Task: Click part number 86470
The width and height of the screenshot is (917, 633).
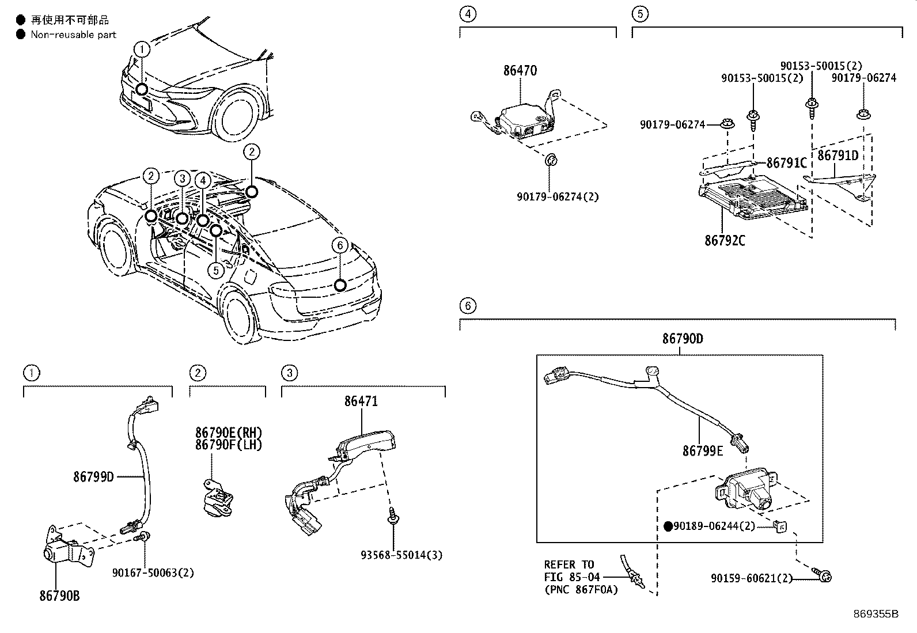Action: point(520,71)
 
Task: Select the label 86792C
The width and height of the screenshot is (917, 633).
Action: point(724,241)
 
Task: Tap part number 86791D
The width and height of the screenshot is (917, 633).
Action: point(838,156)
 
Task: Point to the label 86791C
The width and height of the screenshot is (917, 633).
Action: point(787,164)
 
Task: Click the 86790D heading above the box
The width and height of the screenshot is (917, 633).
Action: point(682,339)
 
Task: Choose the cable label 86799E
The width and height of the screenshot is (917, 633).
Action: point(702,451)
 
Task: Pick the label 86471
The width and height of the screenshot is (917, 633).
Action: point(361,401)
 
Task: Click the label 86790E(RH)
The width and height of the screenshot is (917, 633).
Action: point(228,433)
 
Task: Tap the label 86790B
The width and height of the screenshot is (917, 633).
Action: point(59,596)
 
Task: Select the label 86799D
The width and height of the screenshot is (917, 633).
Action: point(93,477)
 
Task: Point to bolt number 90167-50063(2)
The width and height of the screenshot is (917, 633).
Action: point(153,573)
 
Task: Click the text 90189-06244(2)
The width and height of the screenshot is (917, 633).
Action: point(714,526)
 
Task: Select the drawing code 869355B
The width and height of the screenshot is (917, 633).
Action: point(876,613)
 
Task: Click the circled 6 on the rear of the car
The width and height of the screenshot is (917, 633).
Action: point(340,246)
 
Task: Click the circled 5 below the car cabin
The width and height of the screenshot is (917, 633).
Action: point(215,270)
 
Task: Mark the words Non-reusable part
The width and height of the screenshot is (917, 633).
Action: point(74,35)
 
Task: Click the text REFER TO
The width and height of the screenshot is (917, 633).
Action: point(569,564)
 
